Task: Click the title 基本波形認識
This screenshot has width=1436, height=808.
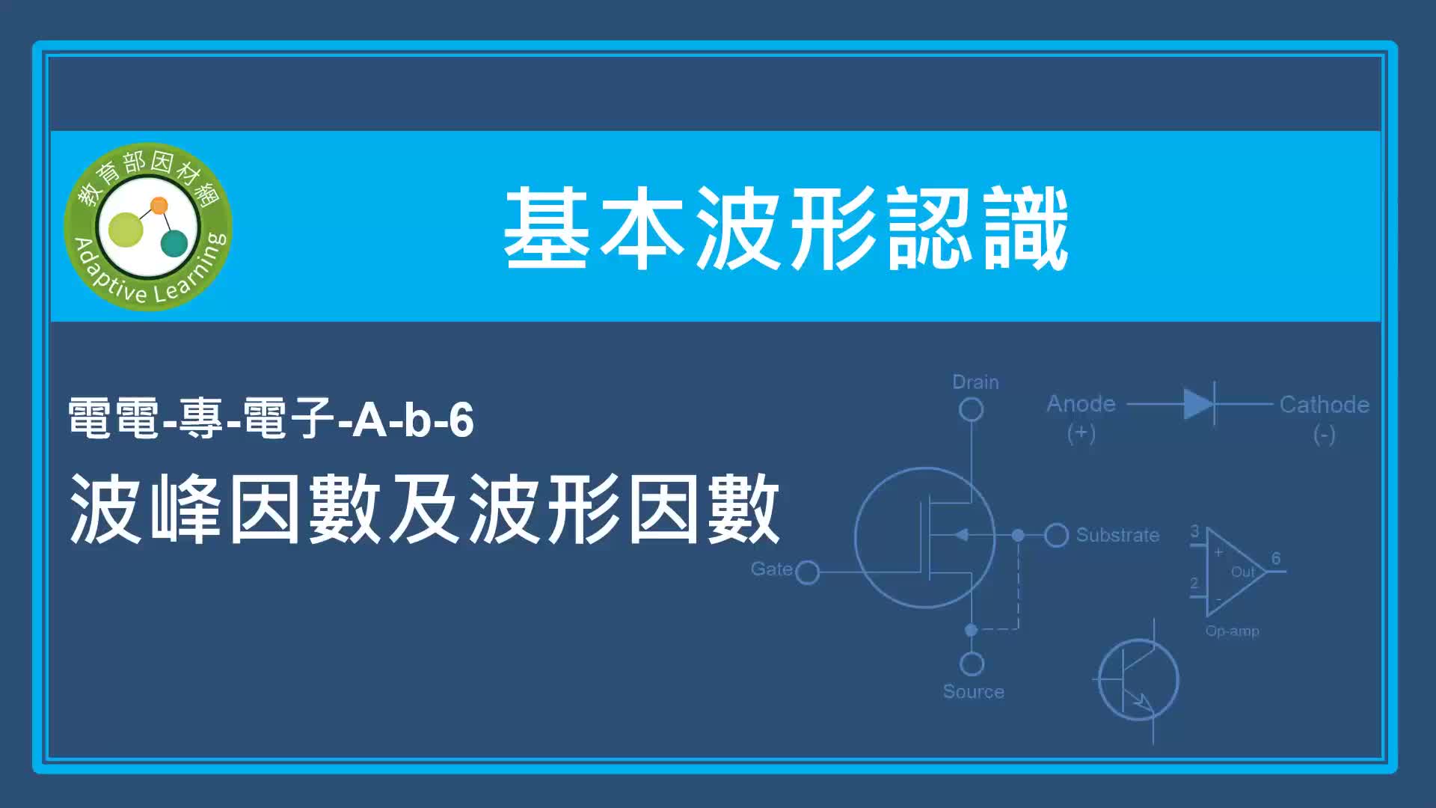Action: coord(786,228)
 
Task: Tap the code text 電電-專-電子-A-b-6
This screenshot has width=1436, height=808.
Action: coord(271,418)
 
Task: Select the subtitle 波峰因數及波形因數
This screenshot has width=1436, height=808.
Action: coord(425,509)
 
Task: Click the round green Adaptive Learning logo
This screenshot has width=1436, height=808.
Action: coord(148,227)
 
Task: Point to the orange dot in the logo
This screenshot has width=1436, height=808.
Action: coord(159,205)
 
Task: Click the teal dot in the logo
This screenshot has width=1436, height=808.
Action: coord(174,243)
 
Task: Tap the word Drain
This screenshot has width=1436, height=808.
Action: coord(975,382)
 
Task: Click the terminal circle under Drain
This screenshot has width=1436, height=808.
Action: coord(971,410)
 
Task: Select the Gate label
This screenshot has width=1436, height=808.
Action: coord(771,569)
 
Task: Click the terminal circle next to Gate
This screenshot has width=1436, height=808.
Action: coord(808,573)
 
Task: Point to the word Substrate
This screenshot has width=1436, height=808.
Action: coord(1117,535)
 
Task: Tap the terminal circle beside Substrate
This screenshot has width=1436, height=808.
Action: coord(1056,535)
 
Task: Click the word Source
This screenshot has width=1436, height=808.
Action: coord(973,692)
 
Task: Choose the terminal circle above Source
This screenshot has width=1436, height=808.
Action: coord(972,664)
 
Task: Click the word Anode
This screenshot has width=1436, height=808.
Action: coord(1081,404)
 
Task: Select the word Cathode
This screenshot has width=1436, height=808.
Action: coord(1324,405)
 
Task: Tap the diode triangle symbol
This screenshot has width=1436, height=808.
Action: coord(1198,404)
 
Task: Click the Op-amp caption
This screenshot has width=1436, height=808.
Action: coord(1232,631)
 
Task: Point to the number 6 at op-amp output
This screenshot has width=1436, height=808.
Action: coord(1276,558)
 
